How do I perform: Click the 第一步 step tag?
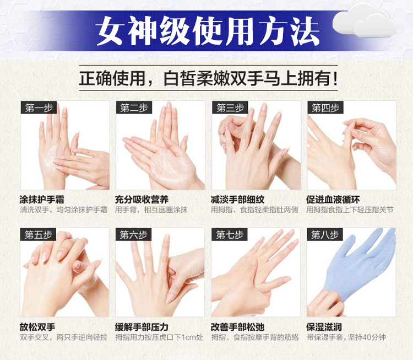tap(39, 108)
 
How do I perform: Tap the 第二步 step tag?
tap(134, 108)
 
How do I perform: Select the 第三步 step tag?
tap(230, 108)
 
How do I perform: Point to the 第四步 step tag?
tap(325, 108)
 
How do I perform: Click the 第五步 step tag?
tap(39, 235)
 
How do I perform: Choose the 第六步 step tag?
tap(134, 235)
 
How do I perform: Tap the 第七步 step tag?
tap(230, 235)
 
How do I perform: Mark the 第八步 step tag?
tap(325, 235)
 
